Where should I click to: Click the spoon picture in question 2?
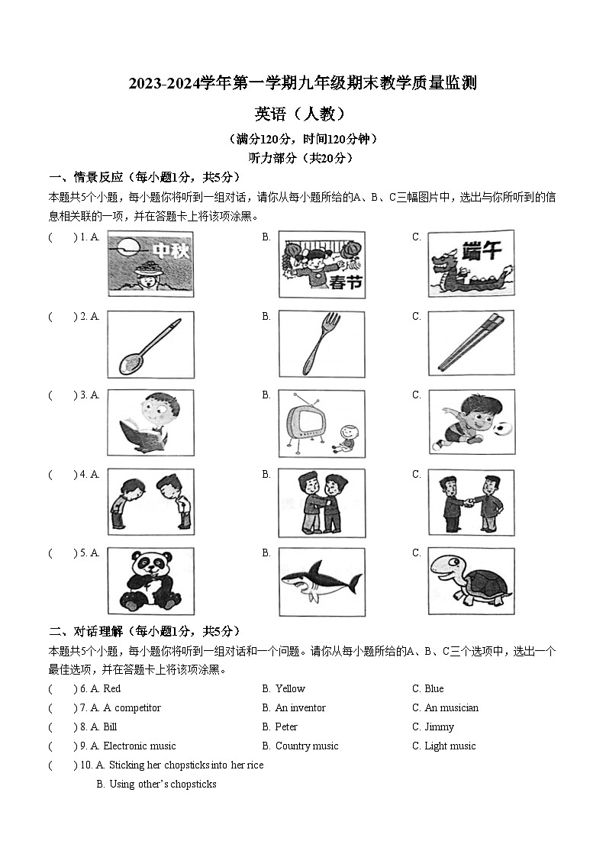(150, 345)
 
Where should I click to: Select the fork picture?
(321, 345)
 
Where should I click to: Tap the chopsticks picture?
(472, 345)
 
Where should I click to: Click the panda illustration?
(150, 581)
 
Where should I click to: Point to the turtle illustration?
(471, 581)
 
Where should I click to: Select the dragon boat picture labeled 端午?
(471, 264)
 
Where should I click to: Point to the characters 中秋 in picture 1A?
(171, 251)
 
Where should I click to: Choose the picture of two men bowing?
(150, 501)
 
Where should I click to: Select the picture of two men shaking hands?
(471, 501)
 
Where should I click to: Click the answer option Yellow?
(289, 688)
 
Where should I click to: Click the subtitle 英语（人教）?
(302, 114)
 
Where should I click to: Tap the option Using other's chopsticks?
(163, 784)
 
